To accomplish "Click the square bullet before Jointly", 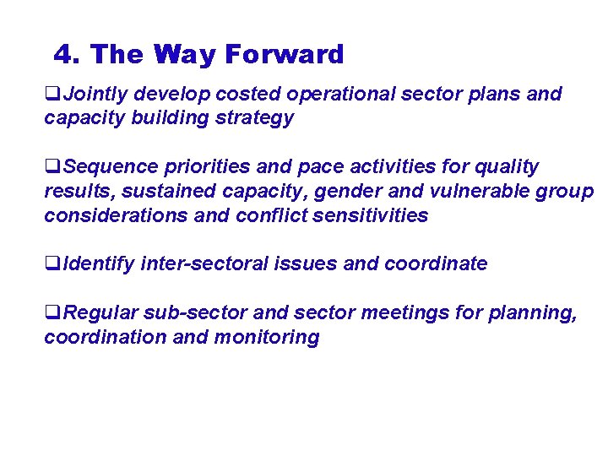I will (x=50, y=95).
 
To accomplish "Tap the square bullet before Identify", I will (x=50, y=264).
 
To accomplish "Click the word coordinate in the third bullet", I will (x=436, y=263).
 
